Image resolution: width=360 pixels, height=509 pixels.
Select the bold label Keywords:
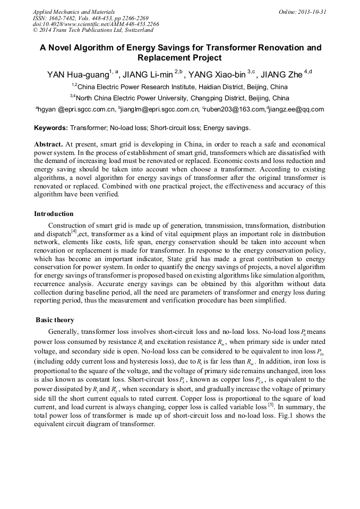click(51, 128)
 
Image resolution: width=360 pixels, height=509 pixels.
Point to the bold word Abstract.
click(48, 144)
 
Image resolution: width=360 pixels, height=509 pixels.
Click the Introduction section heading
click(54, 214)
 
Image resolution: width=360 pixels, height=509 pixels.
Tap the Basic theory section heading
click(55, 320)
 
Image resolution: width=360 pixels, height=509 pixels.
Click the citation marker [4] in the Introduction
click(74, 231)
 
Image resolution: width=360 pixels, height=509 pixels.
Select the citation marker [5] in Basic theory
click(270, 404)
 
